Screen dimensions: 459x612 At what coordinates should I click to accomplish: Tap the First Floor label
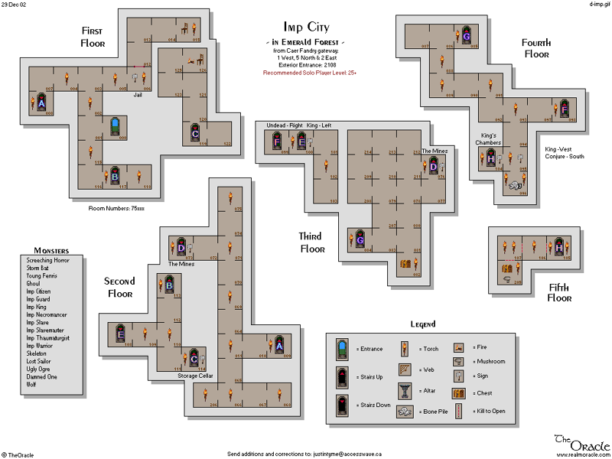coord(98,37)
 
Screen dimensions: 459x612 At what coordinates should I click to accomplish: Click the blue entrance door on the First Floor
coord(114,127)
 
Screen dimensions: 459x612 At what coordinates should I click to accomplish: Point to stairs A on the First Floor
coord(42,103)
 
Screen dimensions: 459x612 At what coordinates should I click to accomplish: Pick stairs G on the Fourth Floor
coord(466,35)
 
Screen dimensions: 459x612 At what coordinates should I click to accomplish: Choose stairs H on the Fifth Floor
coord(558,248)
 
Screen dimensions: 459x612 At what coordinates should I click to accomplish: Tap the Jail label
coord(138,95)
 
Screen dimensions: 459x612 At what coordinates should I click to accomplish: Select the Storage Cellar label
coord(196,376)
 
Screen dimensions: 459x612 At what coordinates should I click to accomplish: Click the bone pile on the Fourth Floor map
coord(515,184)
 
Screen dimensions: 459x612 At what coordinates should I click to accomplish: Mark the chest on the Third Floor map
coord(406,264)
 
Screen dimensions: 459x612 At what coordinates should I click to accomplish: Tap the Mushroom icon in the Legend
coord(459,361)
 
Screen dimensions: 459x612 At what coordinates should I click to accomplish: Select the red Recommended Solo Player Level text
coord(310,73)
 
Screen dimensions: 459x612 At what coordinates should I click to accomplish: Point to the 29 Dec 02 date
coord(15,5)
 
